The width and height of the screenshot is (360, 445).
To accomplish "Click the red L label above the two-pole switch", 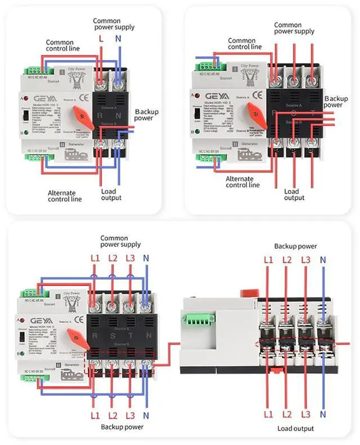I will (101, 39).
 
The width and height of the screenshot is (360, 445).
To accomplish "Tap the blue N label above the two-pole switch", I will (118, 39).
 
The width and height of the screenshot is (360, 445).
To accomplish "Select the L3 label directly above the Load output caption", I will (305, 415).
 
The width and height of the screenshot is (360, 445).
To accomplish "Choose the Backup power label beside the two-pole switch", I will (146, 115).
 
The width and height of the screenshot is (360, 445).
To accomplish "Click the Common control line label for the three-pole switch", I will (245, 43).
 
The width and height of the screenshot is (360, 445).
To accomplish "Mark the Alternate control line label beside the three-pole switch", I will (242, 181).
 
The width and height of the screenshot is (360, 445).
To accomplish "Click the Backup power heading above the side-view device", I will (295, 246).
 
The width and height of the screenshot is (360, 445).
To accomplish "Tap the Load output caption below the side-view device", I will (296, 429).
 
